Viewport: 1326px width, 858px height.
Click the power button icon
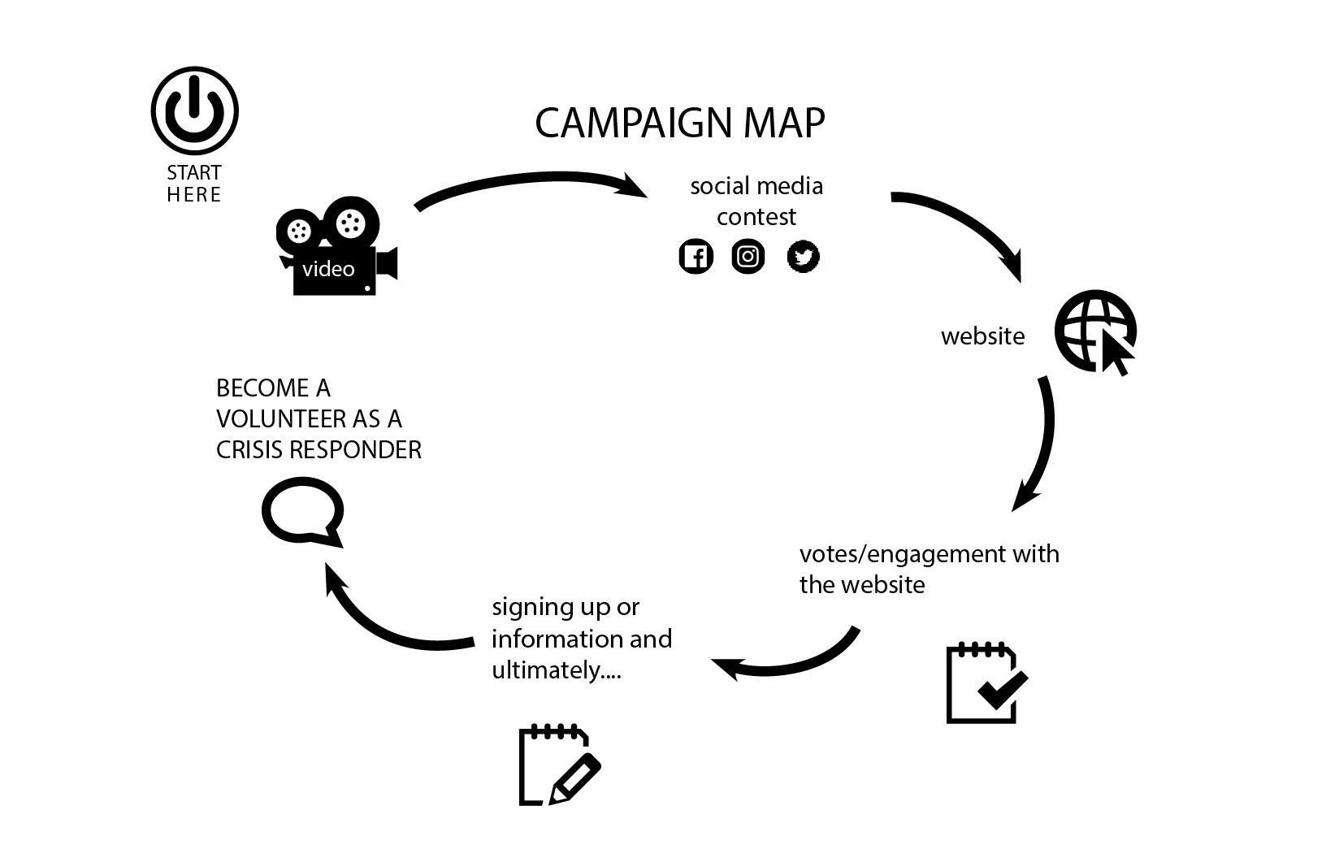tap(195, 110)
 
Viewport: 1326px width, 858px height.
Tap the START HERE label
tap(194, 184)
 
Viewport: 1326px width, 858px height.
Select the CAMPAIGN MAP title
tap(680, 123)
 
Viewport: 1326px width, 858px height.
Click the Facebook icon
tap(695, 257)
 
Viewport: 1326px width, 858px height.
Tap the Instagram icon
tap(748, 257)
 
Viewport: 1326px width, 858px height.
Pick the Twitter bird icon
tap(804, 257)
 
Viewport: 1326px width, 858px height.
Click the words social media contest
tap(756, 201)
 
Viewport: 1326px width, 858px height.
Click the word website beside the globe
tap(982, 336)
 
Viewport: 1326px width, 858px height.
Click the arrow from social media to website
tap(967, 227)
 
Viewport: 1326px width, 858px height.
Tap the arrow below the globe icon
tap(1040, 443)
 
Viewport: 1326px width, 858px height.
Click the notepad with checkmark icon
tap(986, 683)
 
